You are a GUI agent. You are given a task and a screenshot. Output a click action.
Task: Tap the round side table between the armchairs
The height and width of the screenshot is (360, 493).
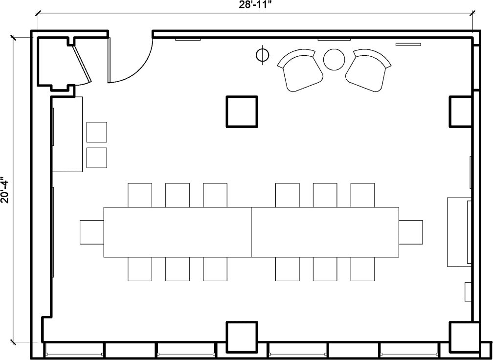335,59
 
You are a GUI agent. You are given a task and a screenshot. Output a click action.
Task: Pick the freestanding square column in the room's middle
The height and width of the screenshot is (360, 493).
241,112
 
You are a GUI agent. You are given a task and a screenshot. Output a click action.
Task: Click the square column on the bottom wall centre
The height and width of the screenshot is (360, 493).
241,337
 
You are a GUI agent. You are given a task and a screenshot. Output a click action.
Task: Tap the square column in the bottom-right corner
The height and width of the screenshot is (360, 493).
464,337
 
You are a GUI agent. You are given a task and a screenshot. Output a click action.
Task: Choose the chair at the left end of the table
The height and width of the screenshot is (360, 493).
91,232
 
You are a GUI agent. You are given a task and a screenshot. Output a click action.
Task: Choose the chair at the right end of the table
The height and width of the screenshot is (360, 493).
411,232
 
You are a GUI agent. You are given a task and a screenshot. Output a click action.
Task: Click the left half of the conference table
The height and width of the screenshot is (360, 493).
178,232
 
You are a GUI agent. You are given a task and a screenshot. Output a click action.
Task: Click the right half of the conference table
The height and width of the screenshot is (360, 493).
325,232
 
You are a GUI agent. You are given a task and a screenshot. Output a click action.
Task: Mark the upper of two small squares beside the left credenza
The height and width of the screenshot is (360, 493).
96,132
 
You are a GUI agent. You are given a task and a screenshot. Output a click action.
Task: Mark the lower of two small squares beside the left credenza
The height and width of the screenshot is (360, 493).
96,157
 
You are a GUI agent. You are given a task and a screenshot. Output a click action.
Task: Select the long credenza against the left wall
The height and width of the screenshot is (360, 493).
67,134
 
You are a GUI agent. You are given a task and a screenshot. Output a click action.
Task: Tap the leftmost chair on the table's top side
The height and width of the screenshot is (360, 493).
140,195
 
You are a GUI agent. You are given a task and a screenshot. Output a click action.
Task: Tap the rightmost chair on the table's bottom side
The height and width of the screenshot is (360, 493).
362,269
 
